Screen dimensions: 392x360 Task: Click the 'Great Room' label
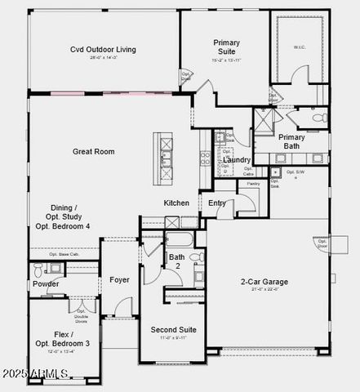tap(93, 151)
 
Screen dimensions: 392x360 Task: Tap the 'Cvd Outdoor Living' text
tap(104, 49)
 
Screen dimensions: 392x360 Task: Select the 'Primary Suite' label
tap(226, 47)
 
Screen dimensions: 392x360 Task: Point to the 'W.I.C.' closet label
tap(300, 48)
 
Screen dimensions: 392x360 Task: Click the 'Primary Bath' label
tap(291, 141)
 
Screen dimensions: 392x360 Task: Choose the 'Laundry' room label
tap(237, 159)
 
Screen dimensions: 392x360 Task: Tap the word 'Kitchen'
tap(177, 203)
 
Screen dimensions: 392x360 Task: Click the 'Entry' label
tap(217, 203)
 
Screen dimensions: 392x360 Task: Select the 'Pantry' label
tap(252, 185)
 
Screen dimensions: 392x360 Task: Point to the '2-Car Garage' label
tap(264, 282)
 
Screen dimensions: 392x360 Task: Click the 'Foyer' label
tap(120, 279)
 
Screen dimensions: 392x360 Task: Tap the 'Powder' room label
tap(46, 284)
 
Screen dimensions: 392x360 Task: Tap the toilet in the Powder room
tap(37, 269)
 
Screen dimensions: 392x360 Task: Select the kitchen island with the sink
tap(166, 149)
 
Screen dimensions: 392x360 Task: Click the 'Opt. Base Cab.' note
tap(64, 254)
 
